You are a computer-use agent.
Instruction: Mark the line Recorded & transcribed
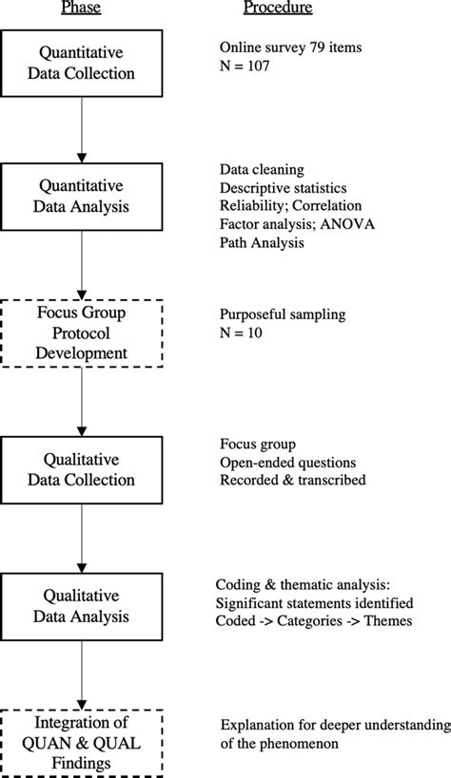click(293, 480)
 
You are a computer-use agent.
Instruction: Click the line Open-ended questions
click(287, 461)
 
